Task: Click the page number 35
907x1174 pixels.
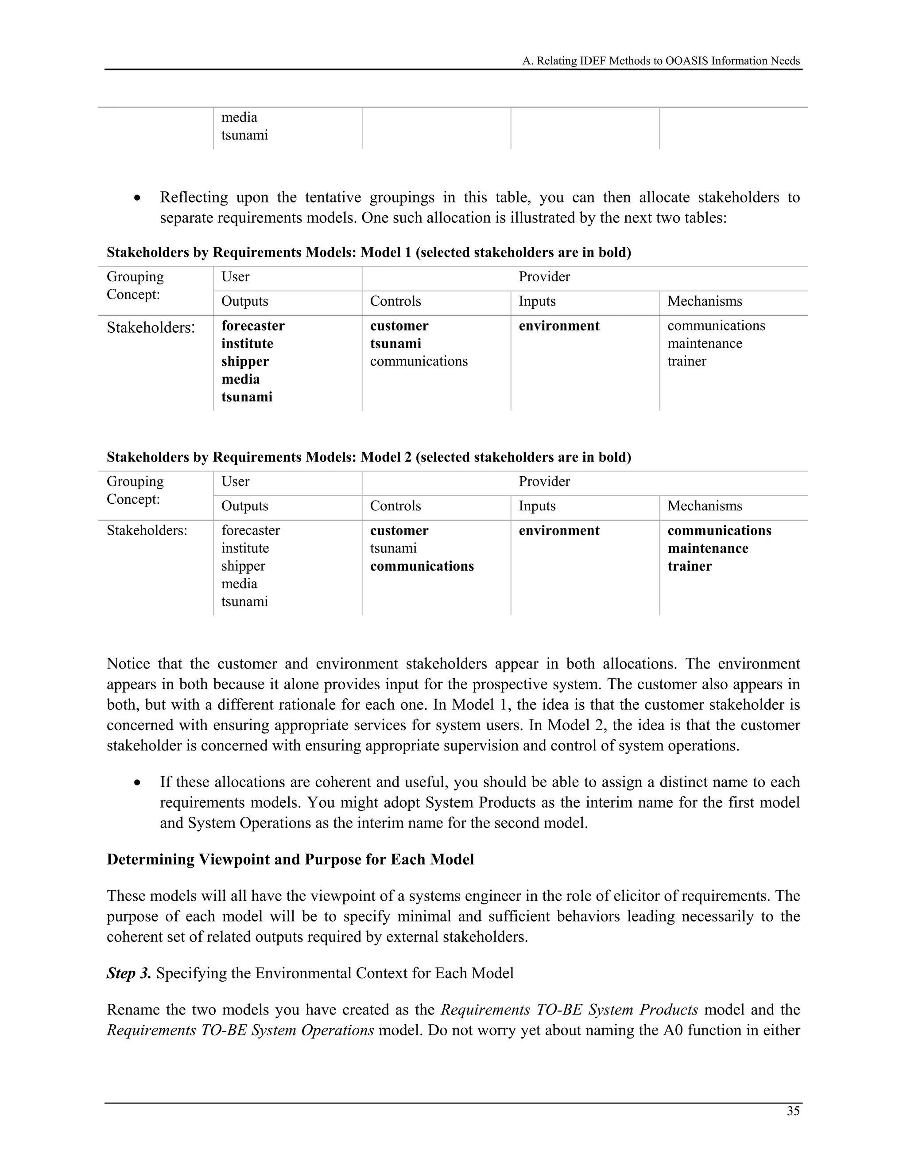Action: [793, 1111]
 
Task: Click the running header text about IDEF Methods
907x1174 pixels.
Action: [661, 61]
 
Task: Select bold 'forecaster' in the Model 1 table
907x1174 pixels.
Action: [252, 326]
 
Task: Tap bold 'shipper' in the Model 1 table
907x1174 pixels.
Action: [244, 361]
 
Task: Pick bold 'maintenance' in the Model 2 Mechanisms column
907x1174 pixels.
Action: [708, 548]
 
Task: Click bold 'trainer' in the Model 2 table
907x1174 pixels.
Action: [690, 566]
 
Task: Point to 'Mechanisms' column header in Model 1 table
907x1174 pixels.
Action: [705, 301]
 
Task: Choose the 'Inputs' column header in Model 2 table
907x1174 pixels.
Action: [537, 506]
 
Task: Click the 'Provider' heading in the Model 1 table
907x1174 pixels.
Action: [544, 277]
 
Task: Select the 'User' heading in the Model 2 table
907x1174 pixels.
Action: [235, 482]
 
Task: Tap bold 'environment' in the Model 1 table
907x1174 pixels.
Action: [559, 326]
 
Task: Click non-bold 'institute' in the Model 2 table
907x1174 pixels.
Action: [245, 548]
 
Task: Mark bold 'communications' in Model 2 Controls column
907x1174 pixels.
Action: [422, 566]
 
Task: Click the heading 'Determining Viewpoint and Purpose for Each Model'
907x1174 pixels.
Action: [290, 859]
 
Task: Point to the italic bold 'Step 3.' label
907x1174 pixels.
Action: [128, 973]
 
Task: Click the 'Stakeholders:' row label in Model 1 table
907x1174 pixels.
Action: [151, 327]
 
